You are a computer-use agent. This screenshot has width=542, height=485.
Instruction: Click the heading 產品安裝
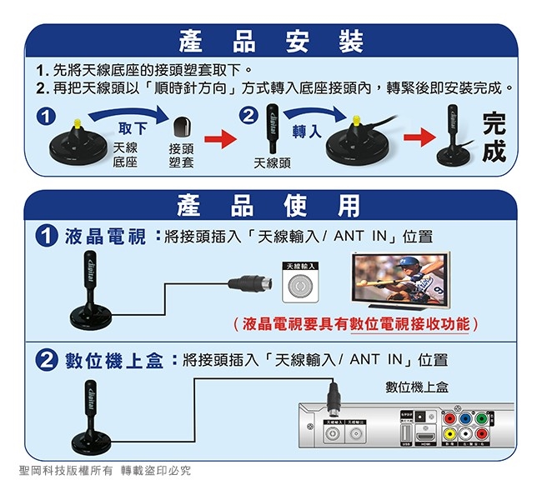point(271,40)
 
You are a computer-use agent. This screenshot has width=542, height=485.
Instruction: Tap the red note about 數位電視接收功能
point(356,323)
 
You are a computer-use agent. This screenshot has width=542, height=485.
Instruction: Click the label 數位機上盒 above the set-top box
point(417,387)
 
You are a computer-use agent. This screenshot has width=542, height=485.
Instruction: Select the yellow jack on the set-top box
point(451,433)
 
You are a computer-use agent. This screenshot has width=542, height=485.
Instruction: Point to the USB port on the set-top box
point(406,434)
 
